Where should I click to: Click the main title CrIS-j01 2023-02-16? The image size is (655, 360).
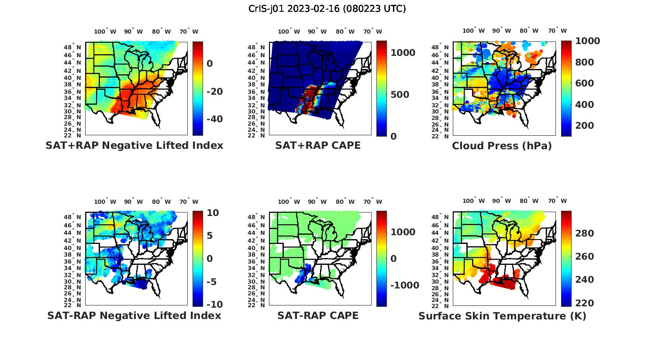[327, 9]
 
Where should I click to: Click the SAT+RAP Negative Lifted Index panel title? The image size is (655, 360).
[134, 145]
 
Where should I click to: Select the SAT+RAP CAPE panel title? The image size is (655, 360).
[318, 145]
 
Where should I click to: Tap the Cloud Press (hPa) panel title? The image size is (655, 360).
[502, 146]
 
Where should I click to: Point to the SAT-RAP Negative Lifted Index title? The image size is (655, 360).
[134, 315]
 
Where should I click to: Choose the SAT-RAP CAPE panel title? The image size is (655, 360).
[318, 315]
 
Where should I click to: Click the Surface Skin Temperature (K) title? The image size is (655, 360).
[502, 316]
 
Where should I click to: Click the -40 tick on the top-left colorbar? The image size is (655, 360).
[214, 119]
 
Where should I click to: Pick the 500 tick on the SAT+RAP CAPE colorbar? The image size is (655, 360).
[400, 95]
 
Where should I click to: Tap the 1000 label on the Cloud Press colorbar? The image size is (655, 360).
[587, 41]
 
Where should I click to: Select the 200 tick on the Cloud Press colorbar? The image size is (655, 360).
[584, 126]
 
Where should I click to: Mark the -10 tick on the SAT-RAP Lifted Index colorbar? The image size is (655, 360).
[214, 305]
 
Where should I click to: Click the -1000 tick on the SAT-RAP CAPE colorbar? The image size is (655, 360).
[405, 285]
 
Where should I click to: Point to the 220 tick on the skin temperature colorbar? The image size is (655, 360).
[585, 303]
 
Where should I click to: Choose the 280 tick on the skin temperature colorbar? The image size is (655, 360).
[585, 233]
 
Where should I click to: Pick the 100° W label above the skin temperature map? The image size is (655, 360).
[473, 201]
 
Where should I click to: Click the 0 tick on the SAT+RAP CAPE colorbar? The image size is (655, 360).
[393, 137]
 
